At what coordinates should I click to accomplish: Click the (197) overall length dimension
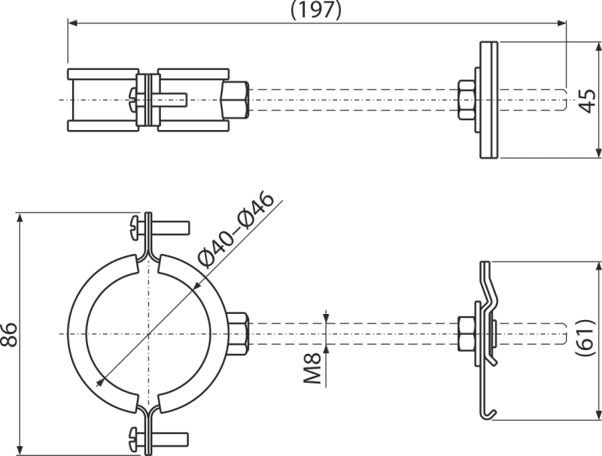click(x=315, y=11)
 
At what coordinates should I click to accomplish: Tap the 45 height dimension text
click(x=587, y=101)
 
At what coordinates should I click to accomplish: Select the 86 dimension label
click(x=9, y=334)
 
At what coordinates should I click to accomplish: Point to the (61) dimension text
click(x=587, y=337)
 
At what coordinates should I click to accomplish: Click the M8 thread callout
click(x=313, y=368)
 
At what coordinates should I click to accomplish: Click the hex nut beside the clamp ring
click(x=238, y=334)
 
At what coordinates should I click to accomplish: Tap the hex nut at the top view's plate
click(x=467, y=100)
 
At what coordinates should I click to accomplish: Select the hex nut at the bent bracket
click(x=467, y=334)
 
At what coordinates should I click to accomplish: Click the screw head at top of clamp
click(x=135, y=228)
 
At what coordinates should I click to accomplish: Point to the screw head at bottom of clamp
click(x=135, y=439)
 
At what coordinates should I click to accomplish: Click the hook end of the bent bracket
click(x=489, y=414)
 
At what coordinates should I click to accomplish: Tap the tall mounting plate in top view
click(x=488, y=100)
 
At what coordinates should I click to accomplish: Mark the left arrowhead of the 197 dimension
click(x=73, y=23)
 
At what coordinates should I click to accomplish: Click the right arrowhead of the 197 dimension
click(x=561, y=23)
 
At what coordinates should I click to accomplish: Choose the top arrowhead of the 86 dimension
click(x=20, y=218)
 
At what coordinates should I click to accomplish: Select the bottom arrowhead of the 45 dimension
click(x=598, y=153)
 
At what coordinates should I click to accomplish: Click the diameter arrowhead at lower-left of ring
click(x=101, y=382)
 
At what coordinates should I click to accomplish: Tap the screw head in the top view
click(x=132, y=100)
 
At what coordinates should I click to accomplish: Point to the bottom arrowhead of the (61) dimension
click(x=598, y=415)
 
